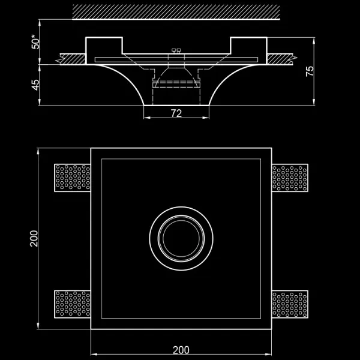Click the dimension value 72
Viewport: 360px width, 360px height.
[176, 113]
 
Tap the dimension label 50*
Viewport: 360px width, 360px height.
[35, 41]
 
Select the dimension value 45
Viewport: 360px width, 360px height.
[35, 85]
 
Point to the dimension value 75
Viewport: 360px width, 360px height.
[310, 70]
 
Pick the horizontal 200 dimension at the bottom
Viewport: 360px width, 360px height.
[181, 350]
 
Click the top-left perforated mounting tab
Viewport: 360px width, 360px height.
[72, 178]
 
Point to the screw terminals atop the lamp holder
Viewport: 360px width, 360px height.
[176, 52]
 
